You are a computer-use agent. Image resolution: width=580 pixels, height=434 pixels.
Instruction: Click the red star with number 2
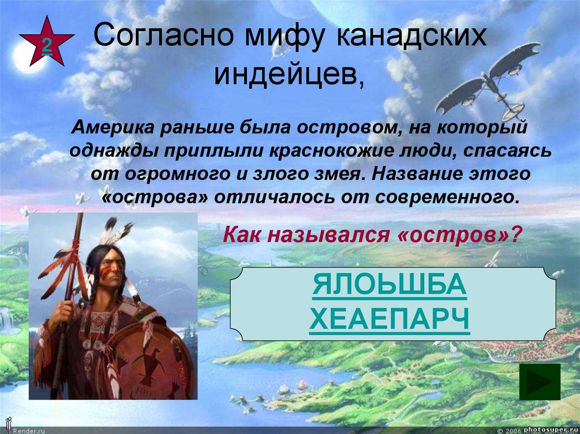[46, 43]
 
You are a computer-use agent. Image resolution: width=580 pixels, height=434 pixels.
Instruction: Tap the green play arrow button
[539, 382]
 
